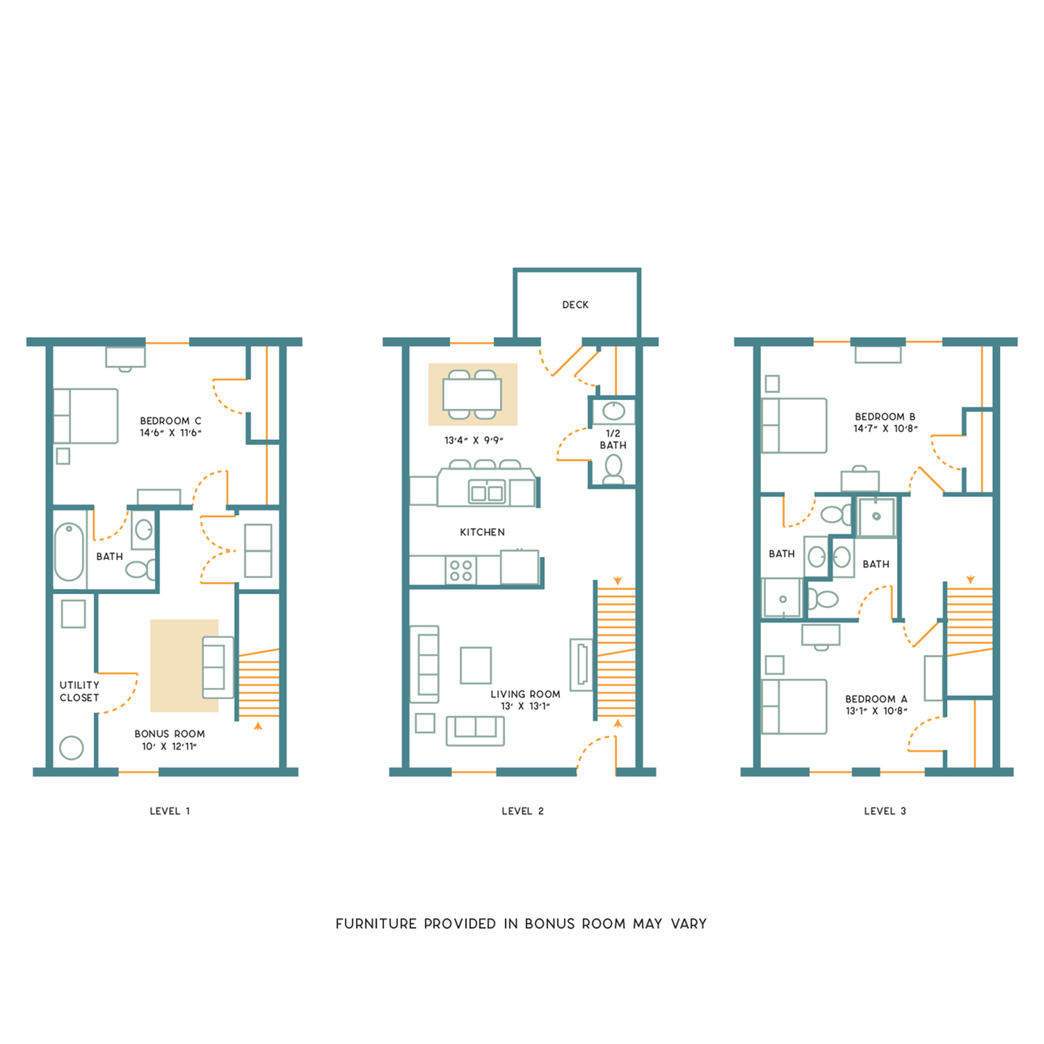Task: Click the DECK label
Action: [575, 305]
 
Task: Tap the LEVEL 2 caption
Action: [522, 811]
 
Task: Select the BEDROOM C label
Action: [170, 421]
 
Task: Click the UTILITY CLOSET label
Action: [79, 691]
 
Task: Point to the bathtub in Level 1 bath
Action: [69, 552]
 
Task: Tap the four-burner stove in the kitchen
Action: [460, 570]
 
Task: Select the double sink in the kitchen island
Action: [487, 493]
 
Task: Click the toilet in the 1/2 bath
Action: [613, 469]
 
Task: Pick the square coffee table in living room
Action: [476, 665]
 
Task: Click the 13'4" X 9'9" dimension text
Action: [474, 440]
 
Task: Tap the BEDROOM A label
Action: [876, 699]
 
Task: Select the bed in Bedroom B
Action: [794, 426]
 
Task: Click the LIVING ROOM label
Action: [525, 694]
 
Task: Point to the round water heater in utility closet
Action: [72, 748]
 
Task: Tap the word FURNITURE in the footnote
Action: [376, 924]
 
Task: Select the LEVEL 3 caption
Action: [885, 811]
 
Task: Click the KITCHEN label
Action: [482, 532]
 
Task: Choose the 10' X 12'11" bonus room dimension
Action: [169, 746]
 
